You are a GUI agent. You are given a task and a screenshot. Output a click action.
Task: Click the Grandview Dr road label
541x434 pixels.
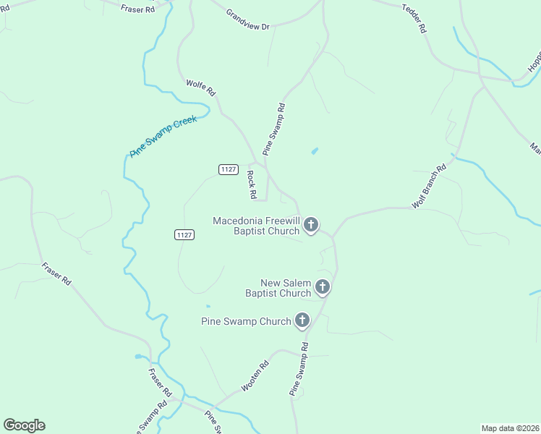pyautogui.click(x=247, y=20)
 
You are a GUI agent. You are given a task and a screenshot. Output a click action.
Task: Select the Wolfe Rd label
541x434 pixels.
pyautogui.click(x=201, y=88)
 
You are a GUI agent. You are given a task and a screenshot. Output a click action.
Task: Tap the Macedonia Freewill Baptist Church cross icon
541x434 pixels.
pyautogui.click(x=311, y=225)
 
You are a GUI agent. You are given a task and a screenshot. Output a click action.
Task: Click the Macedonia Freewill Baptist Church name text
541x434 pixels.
pyautogui.click(x=256, y=226)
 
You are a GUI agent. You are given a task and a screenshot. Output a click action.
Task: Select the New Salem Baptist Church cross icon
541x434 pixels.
pyautogui.click(x=323, y=287)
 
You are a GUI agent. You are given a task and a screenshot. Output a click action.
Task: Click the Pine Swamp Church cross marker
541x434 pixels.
pyautogui.click(x=302, y=320)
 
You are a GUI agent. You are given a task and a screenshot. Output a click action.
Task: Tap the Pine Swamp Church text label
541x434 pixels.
pyautogui.click(x=246, y=321)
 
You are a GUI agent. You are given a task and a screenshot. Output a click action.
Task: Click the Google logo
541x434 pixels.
pyautogui.click(x=24, y=425)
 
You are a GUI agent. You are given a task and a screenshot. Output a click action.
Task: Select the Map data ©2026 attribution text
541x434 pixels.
pyautogui.click(x=510, y=427)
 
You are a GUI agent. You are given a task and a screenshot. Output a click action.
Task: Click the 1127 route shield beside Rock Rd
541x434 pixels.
pyautogui.click(x=228, y=169)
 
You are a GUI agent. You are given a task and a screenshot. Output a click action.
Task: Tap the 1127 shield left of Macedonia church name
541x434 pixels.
pyautogui.click(x=184, y=234)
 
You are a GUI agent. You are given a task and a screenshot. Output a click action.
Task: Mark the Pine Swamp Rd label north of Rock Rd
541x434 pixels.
pyautogui.click(x=274, y=129)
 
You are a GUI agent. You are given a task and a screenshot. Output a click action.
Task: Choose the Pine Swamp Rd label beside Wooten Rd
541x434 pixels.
pyautogui.click(x=299, y=369)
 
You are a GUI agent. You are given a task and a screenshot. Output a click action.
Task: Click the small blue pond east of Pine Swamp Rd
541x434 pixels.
pyautogui.click(x=314, y=151)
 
